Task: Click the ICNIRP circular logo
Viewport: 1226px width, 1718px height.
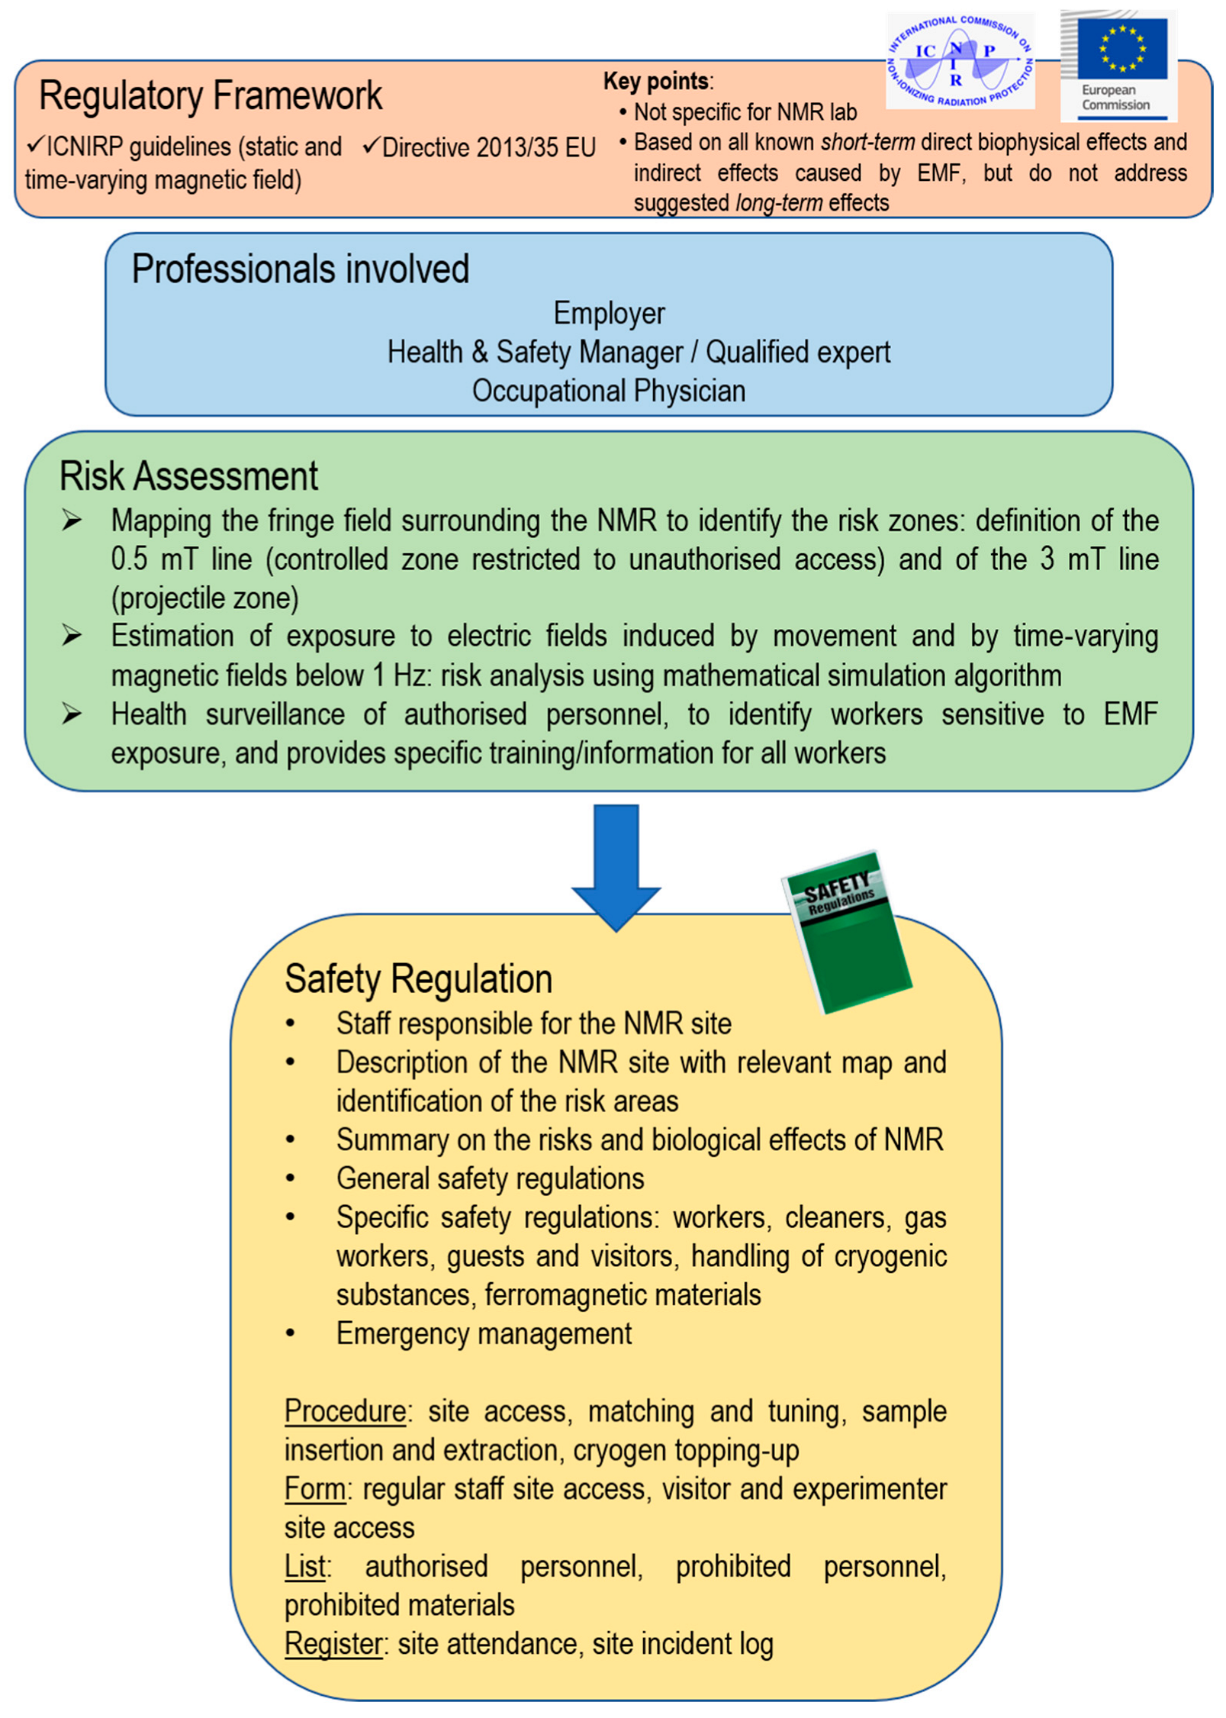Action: click(x=959, y=61)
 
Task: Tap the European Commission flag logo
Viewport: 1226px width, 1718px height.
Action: click(x=1118, y=64)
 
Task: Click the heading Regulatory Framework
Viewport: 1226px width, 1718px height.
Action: click(x=210, y=96)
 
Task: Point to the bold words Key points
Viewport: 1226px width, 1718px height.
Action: click(x=656, y=81)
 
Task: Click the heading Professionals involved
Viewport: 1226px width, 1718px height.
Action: click(x=300, y=269)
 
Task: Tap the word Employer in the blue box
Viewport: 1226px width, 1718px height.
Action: click(x=609, y=313)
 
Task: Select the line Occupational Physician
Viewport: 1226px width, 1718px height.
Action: click(x=609, y=391)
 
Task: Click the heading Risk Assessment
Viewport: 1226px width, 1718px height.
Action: click(x=188, y=475)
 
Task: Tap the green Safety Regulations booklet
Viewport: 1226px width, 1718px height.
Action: click(x=847, y=932)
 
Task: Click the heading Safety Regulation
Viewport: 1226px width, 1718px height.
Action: click(x=418, y=978)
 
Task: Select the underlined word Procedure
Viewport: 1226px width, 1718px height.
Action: click(x=345, y=1411)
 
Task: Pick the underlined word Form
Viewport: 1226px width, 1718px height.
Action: click(x=314, y=1489)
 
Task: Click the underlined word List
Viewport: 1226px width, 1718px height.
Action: click(x=305, y=1566)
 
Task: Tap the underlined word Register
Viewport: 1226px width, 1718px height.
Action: click(x=333, y=1644)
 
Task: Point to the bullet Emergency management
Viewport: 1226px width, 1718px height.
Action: click(x=484, y=1333)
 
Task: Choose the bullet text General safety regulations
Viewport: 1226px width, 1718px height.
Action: click(x=490, y=1178)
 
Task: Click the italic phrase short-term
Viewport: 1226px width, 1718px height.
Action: click(x=867, y=142)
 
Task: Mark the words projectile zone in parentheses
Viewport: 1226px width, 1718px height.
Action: click(x=204, y=598)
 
